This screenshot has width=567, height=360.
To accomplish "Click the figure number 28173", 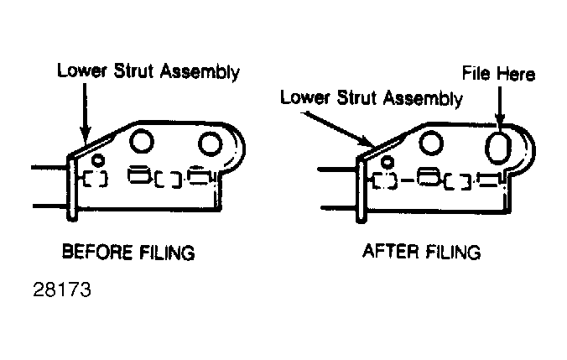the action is click(x=62, y=290).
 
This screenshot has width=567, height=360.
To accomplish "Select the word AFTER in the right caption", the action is click(x=390, y=251).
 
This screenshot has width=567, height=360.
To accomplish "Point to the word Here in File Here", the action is click(x=516, y=74).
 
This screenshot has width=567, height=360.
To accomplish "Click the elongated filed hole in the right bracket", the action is click(x=498, y=147).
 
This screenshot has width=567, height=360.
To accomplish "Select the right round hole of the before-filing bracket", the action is click(x=210, y=144).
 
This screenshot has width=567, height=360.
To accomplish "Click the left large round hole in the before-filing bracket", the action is click(x=142, y=141).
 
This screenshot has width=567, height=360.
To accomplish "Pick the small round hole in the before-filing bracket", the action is click(x=97, y=159).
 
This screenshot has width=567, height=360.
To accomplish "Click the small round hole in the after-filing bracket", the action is click(x=388, y=162).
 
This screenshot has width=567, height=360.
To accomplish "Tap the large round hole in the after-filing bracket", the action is click(x=431, y=143).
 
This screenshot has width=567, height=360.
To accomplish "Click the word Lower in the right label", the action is click(x=305, y=97).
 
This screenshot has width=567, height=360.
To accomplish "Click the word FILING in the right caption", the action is click(x=452, y=252).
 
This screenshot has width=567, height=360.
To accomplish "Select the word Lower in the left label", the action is click(x=82, y=70).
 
